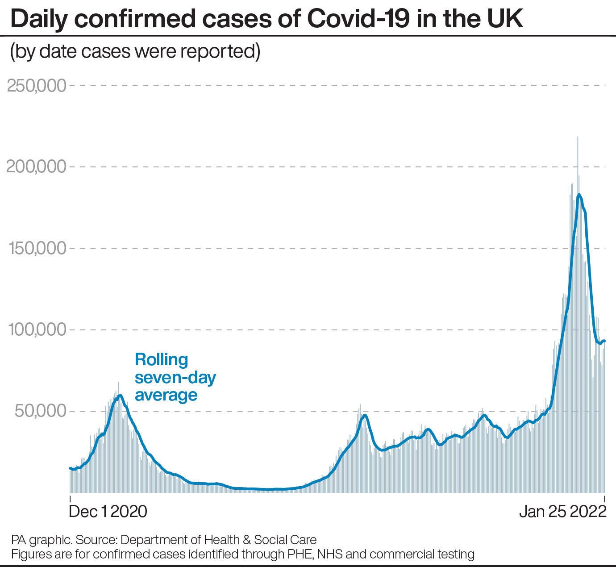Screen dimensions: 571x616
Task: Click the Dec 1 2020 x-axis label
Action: (x=108, y=511)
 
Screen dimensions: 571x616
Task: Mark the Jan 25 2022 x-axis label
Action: (x=562, y=511)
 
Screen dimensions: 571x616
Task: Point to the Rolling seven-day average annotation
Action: (x=175, y=377)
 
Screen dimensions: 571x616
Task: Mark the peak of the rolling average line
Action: (x=579, y=194)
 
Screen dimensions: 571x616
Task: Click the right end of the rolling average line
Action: (x=604, y=341)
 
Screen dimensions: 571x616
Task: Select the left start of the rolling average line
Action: (x=70, y=468)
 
